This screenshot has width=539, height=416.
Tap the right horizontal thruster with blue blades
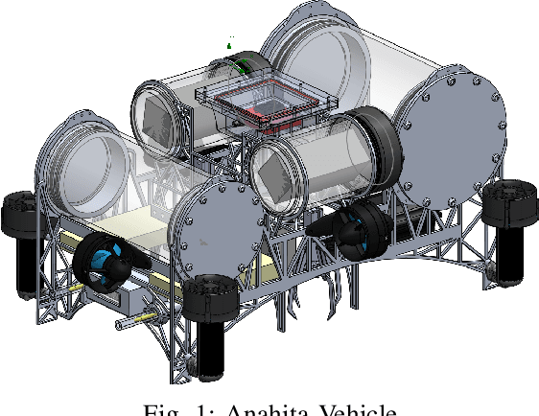349,234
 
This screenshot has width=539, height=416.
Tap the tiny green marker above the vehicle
230,42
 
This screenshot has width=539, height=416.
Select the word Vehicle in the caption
361,410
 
